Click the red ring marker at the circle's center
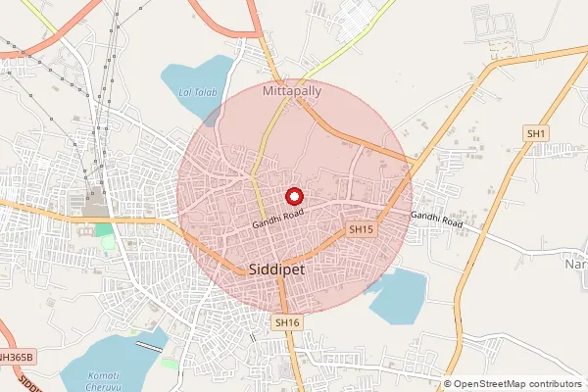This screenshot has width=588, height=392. click(x=293, y=196)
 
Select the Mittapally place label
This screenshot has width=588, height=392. click(x=292, y=90)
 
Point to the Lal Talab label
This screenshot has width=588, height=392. click(x=196, y=92)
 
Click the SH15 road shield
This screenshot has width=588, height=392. click(x=362, y=229)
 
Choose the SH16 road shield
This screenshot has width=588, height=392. click(x=286, y=321)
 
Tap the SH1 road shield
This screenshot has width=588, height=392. click(x=536, y=133)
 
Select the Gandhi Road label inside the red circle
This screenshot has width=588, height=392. click(x=279, y=218)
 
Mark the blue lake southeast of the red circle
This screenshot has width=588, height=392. click(x=397, y=296)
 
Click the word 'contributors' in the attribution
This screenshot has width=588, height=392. click(x=556, y=384)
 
